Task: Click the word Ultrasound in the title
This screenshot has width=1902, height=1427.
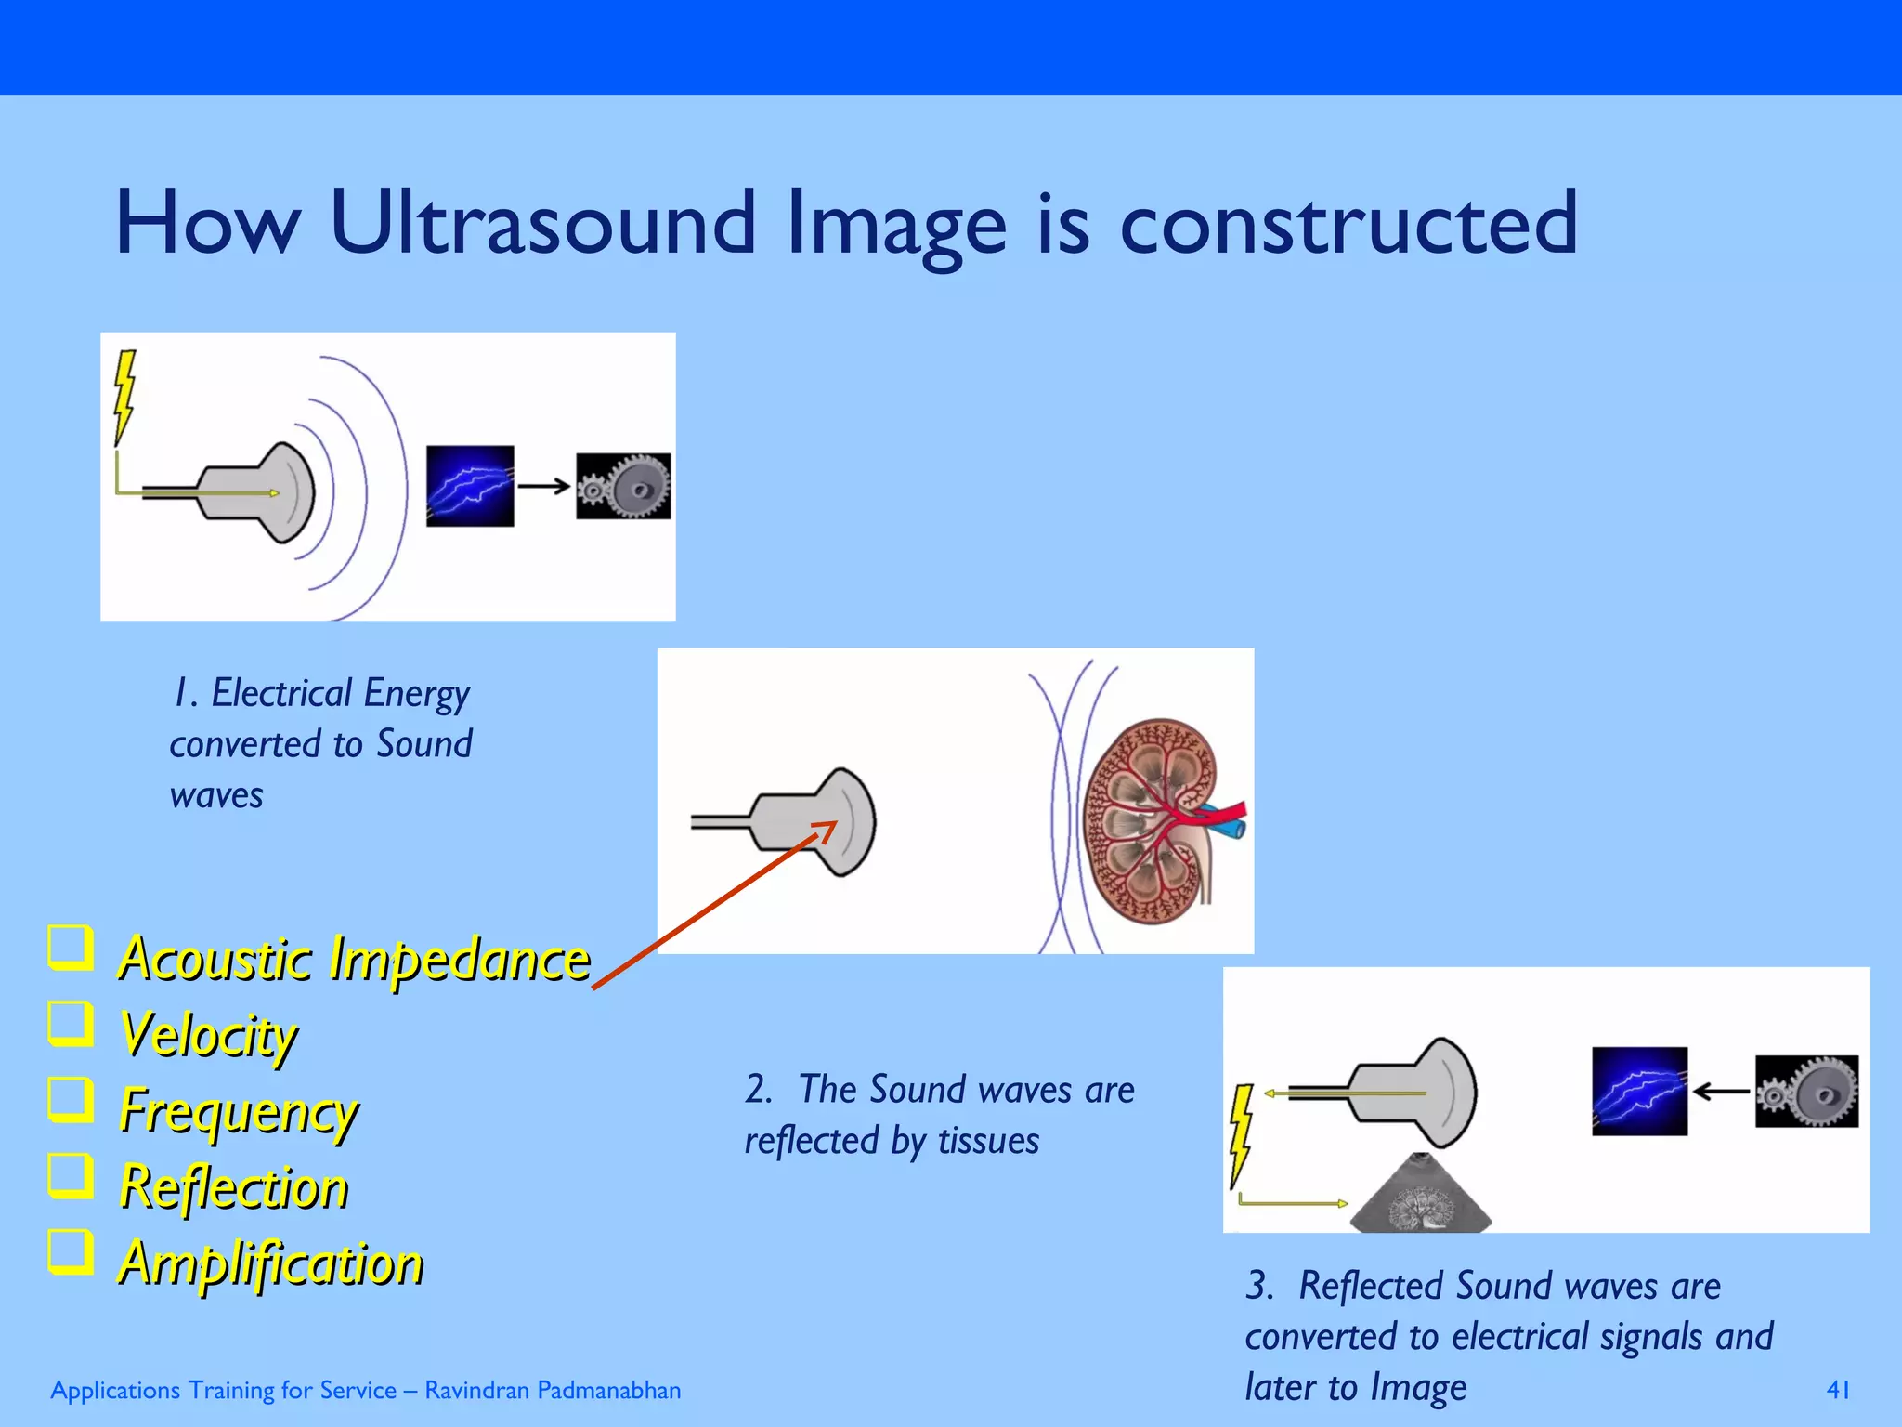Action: coord(543,223)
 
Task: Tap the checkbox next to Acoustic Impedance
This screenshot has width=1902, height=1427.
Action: coord(71,948)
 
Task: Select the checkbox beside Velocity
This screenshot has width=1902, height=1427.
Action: coord(71,1024)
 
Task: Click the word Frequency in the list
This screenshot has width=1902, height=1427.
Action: coord(239,1111)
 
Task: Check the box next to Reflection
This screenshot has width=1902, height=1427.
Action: coord(71,1176)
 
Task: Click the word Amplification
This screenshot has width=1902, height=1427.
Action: coord(271,1263)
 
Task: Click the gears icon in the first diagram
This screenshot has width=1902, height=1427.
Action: coord(623,486)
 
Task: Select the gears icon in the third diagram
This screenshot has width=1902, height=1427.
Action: coord(1806,1092)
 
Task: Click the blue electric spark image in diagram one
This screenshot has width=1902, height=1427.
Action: coord(470,486)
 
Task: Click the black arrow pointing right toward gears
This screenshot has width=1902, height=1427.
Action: coord(544,486)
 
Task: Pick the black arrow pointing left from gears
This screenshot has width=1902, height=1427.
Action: coord(1721,1092)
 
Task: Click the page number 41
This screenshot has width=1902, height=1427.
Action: coord(1838,1390)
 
